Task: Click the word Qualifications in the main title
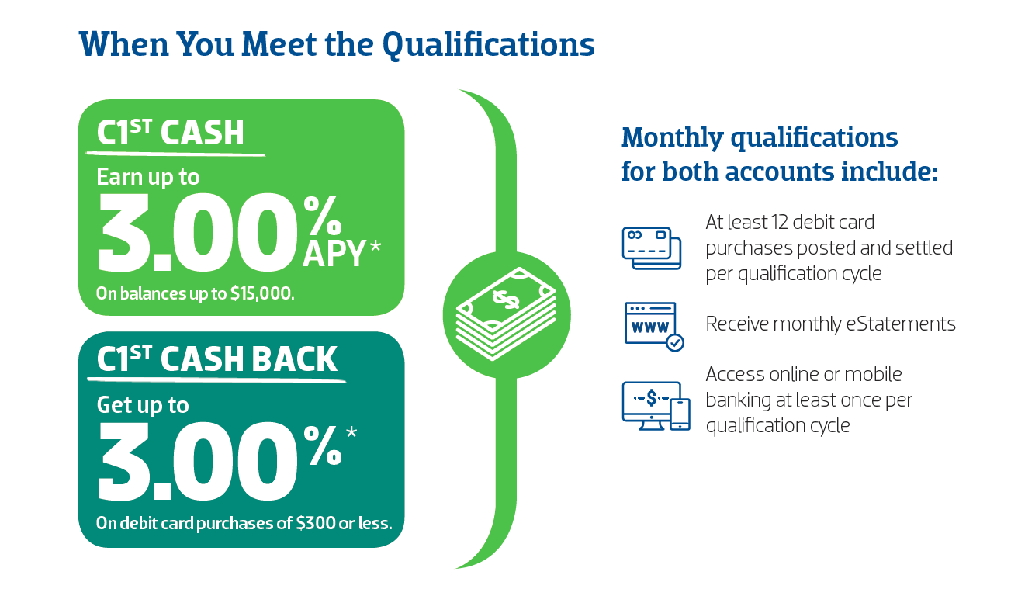coord(488,45)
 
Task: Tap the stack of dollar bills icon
coord(507,314)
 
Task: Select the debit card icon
coord(651,248)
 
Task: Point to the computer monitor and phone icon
coord(656,406)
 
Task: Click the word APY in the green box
coord(334,254)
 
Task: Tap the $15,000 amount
coord(262,294)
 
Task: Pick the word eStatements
coord(900,324)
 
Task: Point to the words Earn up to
coord(148,177)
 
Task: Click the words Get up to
coord(143,405)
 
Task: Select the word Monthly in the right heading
coord(673,138)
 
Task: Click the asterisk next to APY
coord(375,247)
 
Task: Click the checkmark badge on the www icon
coord(675,343)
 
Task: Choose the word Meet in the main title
coord(279,44)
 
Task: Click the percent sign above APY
coord(323,216)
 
